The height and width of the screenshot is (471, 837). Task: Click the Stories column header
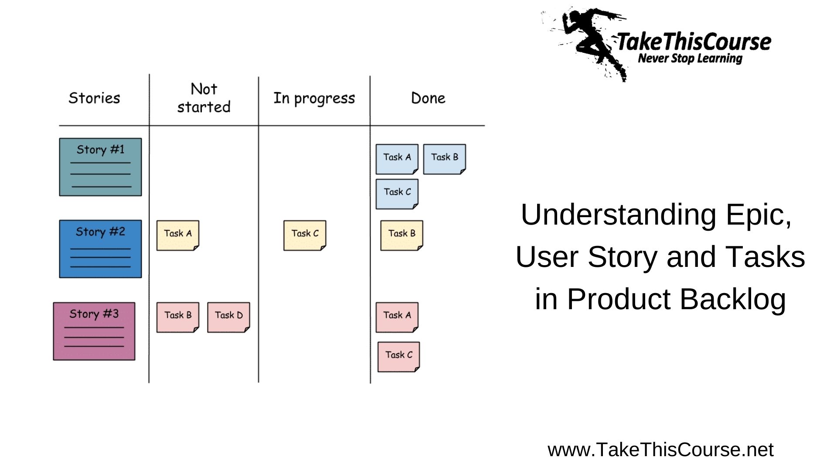point(94,98)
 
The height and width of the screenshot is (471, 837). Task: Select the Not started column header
point(204,98)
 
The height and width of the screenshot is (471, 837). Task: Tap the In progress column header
point(314,99)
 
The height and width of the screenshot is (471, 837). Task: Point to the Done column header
point(428,98)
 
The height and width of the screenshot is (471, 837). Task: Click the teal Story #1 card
point(100,167)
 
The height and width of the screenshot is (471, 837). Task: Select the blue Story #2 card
point(100,249)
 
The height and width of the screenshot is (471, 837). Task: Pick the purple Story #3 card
point(94,331)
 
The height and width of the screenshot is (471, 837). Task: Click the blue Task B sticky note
point(444,159)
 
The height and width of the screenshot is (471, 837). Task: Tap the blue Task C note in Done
point(397,194)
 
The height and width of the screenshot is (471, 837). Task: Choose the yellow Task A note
point(177,235)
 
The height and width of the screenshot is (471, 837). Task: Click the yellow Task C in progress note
point(305,235)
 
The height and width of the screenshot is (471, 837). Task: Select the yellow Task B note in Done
point(401,235)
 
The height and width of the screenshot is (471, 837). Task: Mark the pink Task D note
point(228,317)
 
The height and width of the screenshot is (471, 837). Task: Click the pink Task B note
point(177,317)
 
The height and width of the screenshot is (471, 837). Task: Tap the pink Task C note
point(398,356)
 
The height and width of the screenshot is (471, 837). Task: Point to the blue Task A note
point(397,159)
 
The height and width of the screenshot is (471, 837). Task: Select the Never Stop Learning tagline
point(690,58)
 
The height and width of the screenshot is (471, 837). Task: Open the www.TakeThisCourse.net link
point(660,450)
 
